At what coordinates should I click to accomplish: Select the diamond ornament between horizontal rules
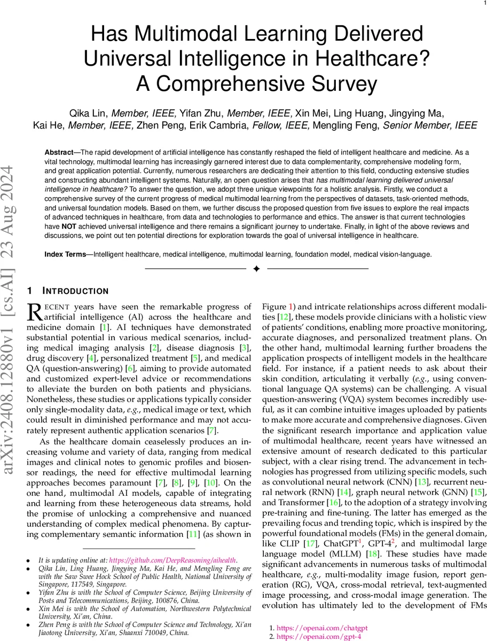tap(256, 269)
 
